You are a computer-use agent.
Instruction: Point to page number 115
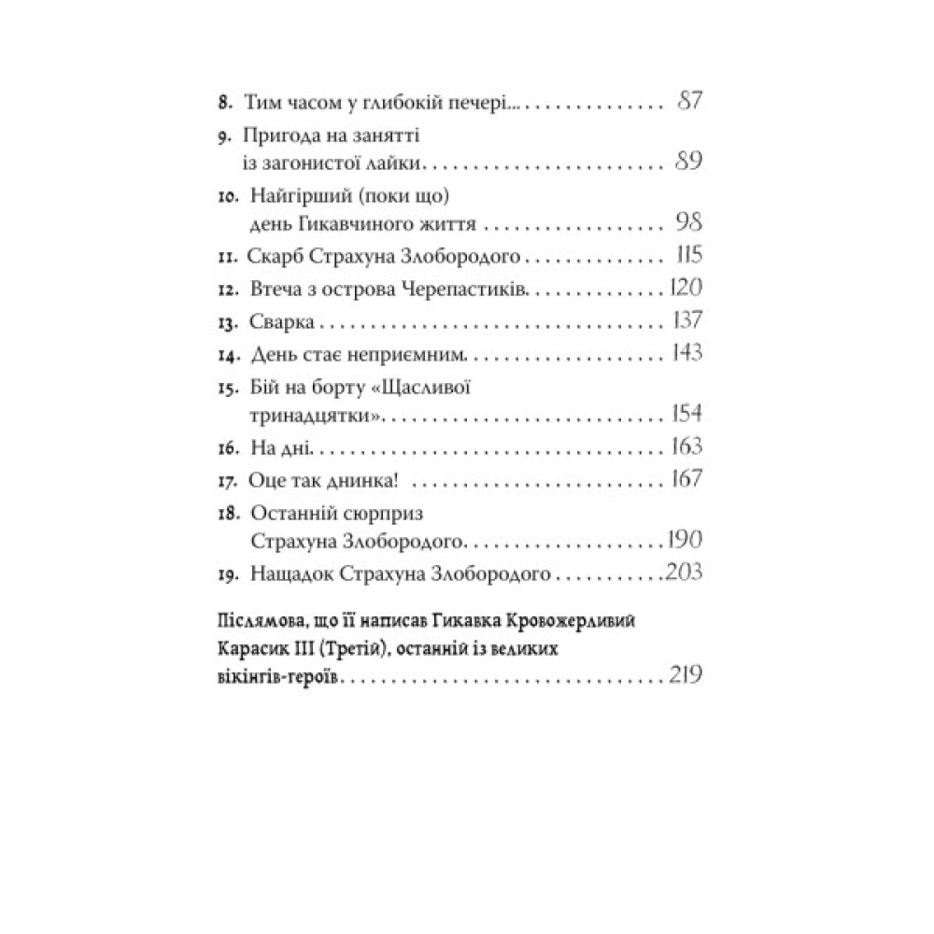click(x=692, y=256)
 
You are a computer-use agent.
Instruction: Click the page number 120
click(x=686, y=289)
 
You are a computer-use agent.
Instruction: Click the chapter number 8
click(x=221, y=104)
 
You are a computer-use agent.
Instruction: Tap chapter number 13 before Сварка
click(x=224, y=323)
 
